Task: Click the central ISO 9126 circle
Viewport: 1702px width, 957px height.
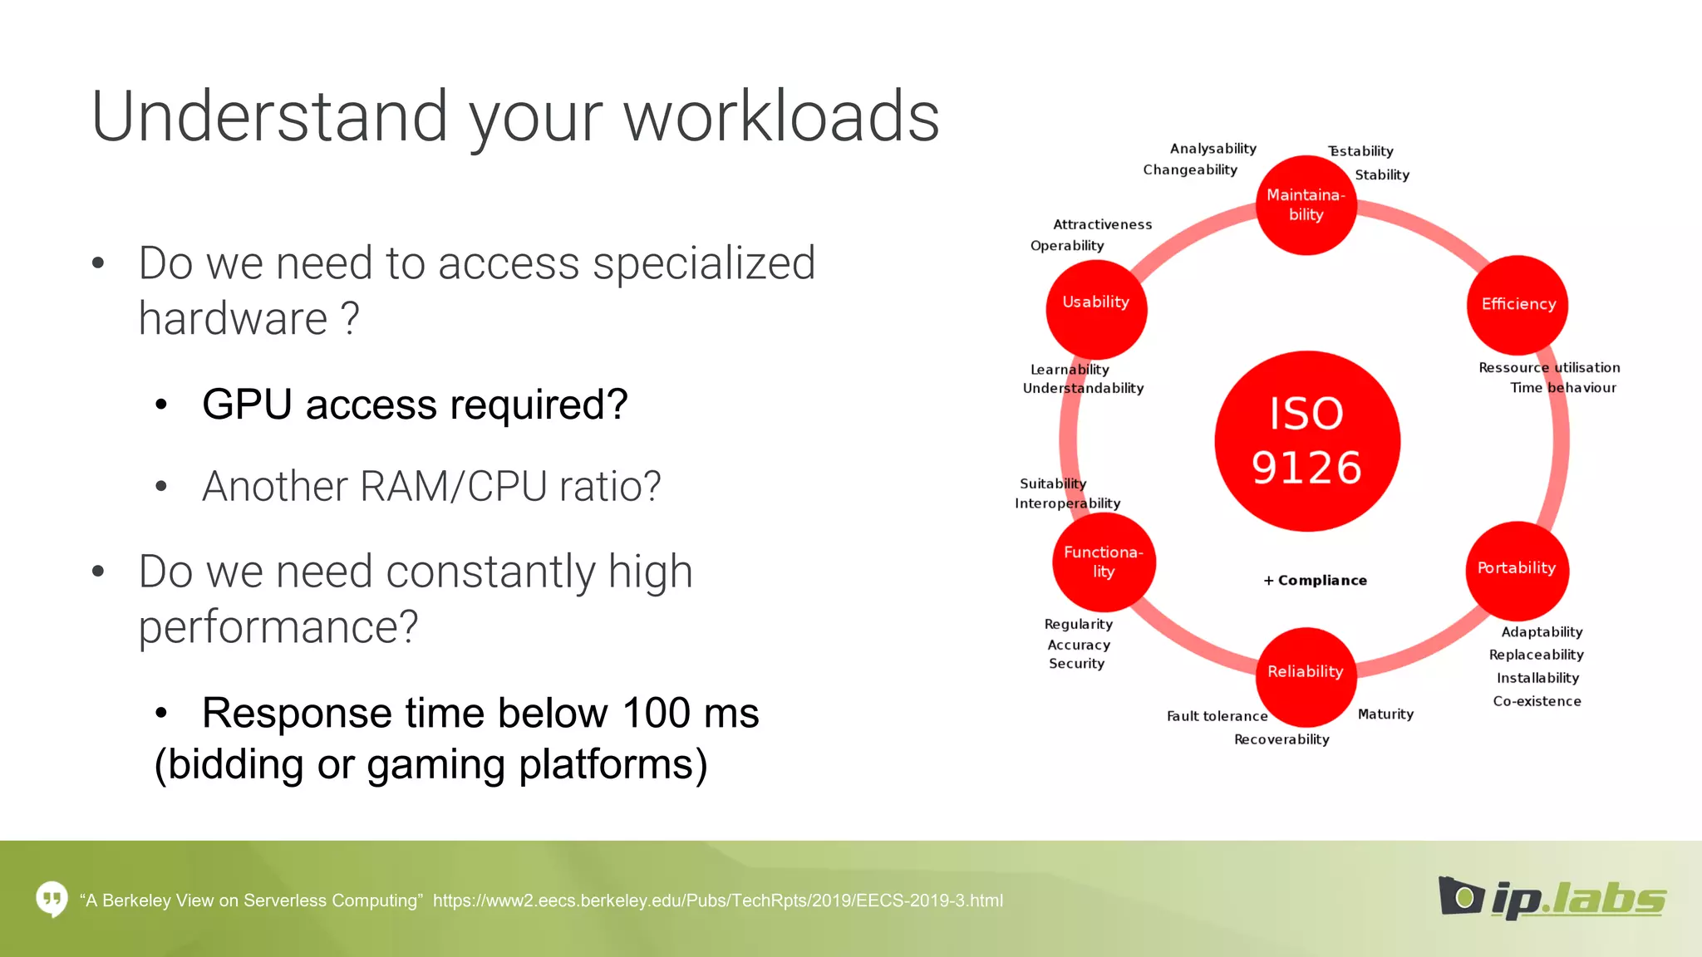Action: (x=1306, y=441)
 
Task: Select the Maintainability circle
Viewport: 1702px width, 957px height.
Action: (x=1306, y=205)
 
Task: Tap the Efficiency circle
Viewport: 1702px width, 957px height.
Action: (x=1518, y=304)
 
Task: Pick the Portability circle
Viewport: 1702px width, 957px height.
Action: (x=1517, y=569)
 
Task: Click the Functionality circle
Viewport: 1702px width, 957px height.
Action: (x=1104, y=562)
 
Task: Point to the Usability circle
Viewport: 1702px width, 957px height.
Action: (x=1096, y=308)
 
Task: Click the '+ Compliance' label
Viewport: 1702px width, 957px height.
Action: (x=1315, y=581)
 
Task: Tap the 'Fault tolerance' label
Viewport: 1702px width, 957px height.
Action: (x=1217, y=716)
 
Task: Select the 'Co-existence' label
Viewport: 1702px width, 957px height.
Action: (x=1537, y=701)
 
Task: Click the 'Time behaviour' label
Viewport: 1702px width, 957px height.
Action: (x=1562, y=388)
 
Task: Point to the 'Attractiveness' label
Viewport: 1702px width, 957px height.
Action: (x=1102, y=224)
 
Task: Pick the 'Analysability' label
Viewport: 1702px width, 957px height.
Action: (x=1213, y=149)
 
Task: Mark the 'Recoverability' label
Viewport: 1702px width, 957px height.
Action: (x=1281, y=739)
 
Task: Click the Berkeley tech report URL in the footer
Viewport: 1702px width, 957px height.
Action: (x=717, y=901)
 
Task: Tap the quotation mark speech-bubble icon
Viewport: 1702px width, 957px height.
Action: (x=52, y=899)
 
